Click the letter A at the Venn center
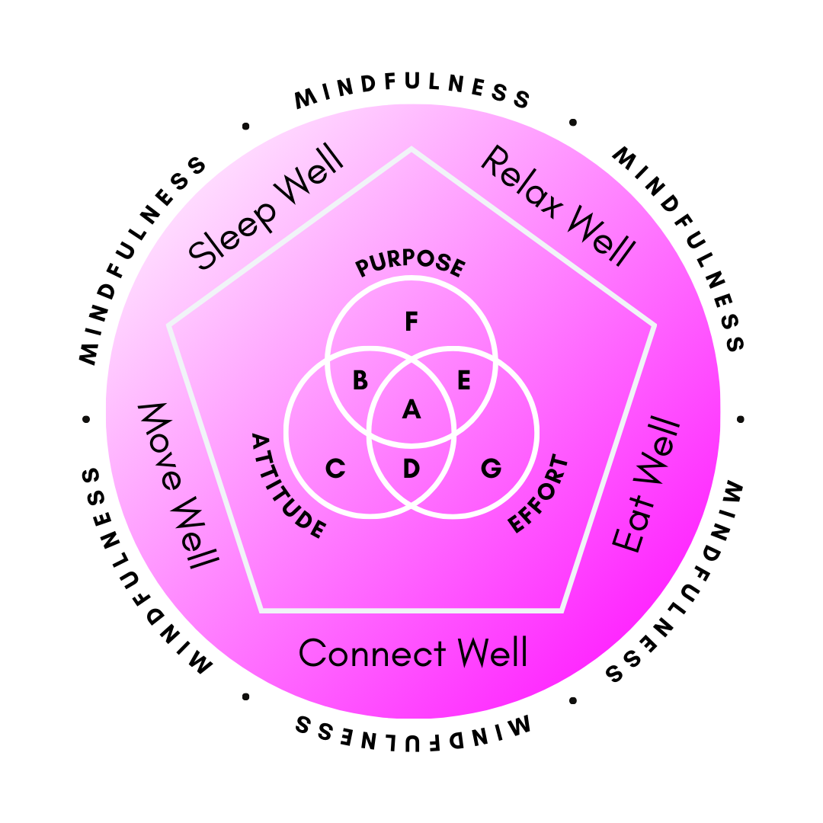coord(411,410)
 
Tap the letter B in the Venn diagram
coord(360,380)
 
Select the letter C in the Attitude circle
coord(335,469)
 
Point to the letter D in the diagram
coord(411,469)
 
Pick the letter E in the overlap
coord(463,380)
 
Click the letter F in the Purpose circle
coord(411,322)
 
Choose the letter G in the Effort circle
coord(492,469)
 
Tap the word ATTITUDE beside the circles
coord(289,486)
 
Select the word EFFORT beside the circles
coord(539,495)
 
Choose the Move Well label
coord(177,484)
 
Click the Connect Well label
coord(413,654)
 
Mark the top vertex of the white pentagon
coord(411,149)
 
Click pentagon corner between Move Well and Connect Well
coord(261,610)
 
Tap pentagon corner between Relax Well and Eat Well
coord(654,326)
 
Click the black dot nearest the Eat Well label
coord(741,419)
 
